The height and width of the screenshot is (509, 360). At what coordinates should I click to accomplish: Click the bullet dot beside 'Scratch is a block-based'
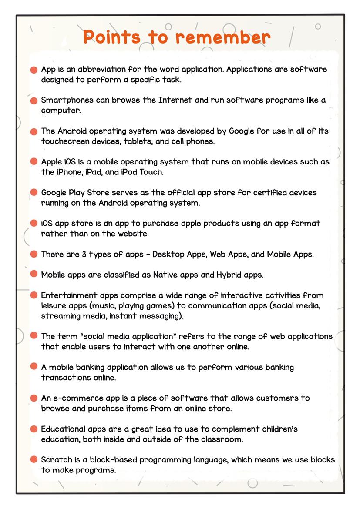click(x=34, y=460)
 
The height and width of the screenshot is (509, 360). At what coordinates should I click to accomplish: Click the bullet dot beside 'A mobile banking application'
click(x=34, y=367)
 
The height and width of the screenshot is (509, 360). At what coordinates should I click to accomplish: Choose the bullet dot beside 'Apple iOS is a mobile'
click(x=34, y=162)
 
